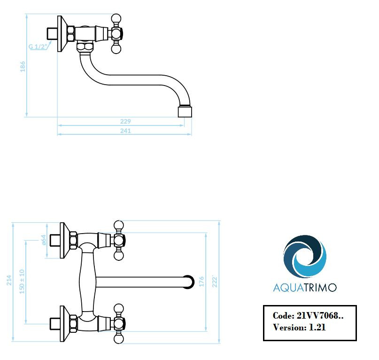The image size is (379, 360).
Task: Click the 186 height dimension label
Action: tap(23, 67)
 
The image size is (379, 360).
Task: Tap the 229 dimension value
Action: tap(125, 121)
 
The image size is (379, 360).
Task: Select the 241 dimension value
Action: tap(125, 131)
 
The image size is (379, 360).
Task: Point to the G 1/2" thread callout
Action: tap(38, 47)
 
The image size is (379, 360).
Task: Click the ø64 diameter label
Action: tap(44, 240)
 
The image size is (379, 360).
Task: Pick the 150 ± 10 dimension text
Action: tap(22, 282)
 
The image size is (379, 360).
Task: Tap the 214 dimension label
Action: tap(9, 280)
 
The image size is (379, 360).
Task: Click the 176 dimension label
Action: tap(201, 282)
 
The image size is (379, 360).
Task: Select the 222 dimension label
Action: tap(215, 282)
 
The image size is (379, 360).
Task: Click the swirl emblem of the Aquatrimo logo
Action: tap(305, 257)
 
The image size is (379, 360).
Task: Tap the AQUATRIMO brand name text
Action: tap(305, 288)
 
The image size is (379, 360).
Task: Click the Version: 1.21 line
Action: tap(299, 328)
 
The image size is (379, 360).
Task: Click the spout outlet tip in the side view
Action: tap(185, 111)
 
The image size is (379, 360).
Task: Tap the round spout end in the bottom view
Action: tap(188, 282)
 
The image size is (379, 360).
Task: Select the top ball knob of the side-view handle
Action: tap(116, 19)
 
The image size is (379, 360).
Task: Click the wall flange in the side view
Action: tap(62, 34)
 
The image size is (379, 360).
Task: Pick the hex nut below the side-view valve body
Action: tap(85, 47)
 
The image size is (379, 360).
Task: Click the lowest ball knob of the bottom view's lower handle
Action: tap(118, 339)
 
